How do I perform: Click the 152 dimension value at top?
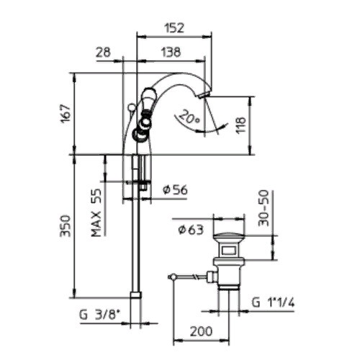[x=174, y=28]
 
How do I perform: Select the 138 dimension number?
[x=171, y=52]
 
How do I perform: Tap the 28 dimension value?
[x=104, y=52]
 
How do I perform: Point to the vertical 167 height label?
[x=66, y=113]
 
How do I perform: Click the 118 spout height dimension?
[x=240, y=125]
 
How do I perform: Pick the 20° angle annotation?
[x=190, y=117]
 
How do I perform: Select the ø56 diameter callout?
[x=175, y=190]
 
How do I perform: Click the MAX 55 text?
[x=96, y=212]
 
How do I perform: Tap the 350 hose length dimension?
[x=66, y=226]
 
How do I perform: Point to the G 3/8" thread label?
[x=99, y=315]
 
